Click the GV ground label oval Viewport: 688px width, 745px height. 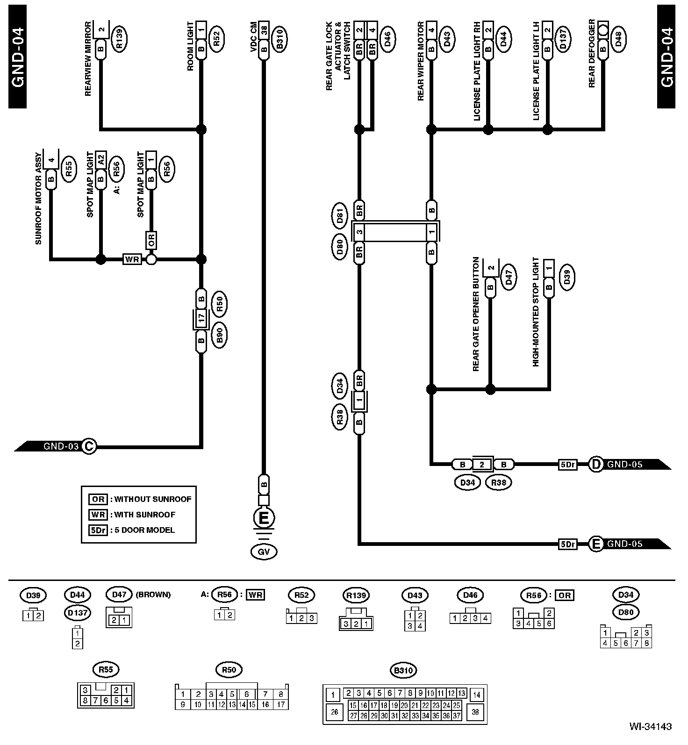[264, 552]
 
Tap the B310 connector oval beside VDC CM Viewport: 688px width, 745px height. [280, 38]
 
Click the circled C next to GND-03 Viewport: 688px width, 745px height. [88, 446]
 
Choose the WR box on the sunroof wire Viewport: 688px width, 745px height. [132, 259]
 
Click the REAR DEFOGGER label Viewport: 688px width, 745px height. [592, 54]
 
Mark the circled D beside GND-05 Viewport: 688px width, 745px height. [595, 465]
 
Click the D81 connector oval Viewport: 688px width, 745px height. [340, 216]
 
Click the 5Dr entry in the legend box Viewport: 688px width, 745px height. [98, 530]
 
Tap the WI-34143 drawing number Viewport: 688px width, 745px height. [650, 726]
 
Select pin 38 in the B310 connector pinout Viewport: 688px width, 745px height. [476, 712]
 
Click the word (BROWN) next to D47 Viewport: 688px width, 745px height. [153, 595]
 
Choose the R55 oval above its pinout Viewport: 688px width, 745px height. [106, 669]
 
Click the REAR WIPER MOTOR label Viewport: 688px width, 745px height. [420, 61]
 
